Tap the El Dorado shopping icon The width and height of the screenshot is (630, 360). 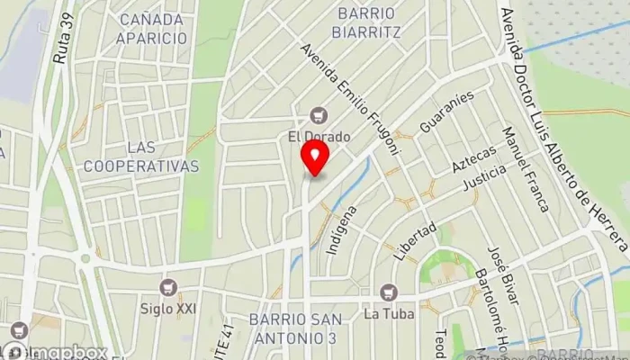317,115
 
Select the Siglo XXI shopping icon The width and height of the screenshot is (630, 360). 167,287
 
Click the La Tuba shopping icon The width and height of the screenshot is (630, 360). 388,292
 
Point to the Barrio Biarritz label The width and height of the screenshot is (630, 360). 368,22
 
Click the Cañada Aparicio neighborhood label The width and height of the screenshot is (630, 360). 153,29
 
